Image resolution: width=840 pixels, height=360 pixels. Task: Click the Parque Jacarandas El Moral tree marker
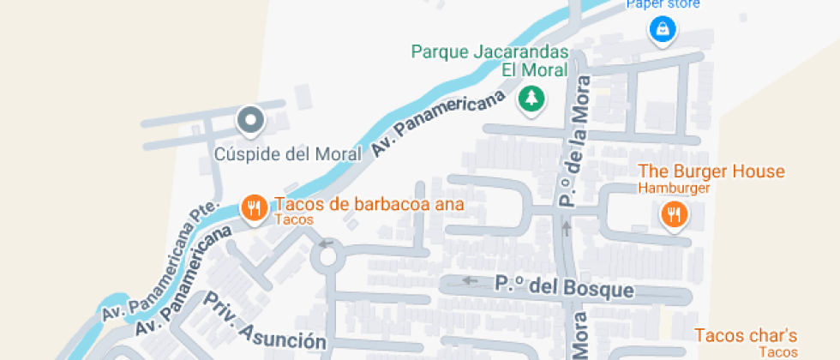click(x=532, y=99)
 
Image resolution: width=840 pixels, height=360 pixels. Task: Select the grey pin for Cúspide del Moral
click(x=250, y=121)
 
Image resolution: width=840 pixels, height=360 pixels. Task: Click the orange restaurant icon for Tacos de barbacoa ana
click(x=254, y=207)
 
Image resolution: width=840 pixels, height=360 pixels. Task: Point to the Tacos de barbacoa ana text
click(x=369, y=205)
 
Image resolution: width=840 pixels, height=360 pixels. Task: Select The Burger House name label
click(x=711, y=171)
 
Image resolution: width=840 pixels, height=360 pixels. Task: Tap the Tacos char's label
click(x=746, y=335)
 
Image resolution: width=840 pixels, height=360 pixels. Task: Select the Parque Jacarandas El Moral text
click(x=489, y=61)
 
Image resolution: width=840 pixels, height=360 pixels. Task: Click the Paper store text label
click(x=663, y=4)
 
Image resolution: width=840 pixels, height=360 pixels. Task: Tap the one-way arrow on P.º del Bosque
click(x=468, y=280)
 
